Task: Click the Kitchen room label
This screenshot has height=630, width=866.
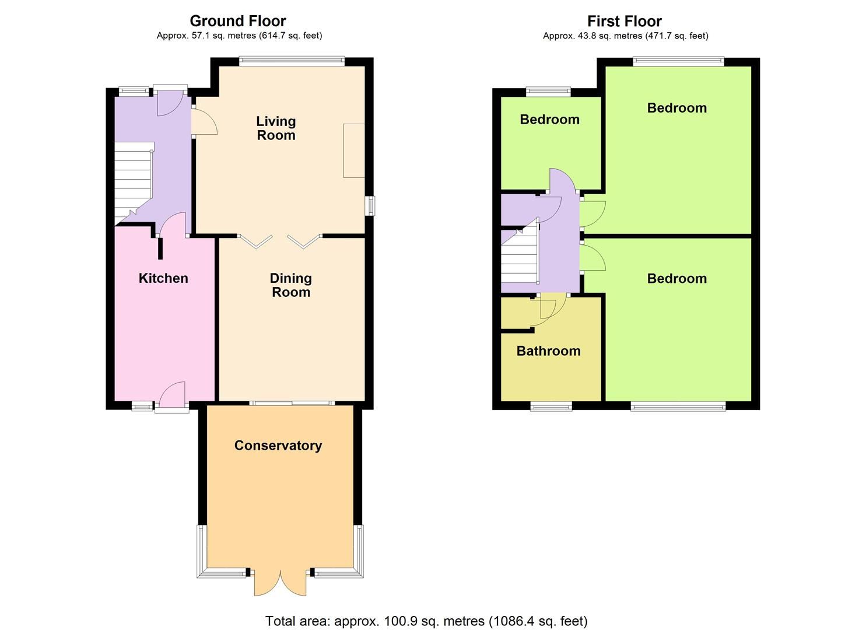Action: [163, 278]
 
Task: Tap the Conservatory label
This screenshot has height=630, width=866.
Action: [278, 446]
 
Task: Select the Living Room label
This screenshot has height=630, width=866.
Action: [276, 128]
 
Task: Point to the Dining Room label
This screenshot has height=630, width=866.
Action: [290, 285]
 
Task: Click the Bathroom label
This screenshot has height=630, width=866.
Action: [548, 351]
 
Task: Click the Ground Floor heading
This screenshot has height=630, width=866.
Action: [238, 21]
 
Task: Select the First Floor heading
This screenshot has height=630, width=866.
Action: [624, 22]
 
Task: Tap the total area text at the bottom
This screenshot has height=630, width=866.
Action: [426, 621]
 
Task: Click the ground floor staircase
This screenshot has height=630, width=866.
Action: [133, 181]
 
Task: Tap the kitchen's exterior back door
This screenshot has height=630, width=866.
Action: [172, 397]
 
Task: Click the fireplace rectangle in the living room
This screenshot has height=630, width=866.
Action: [354, 150]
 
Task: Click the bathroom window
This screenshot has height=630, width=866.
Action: [551, 406]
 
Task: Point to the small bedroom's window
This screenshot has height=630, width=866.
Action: [548, 90]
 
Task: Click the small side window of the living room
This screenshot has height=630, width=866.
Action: [370, 206]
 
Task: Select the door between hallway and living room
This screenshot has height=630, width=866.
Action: [204, 123]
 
